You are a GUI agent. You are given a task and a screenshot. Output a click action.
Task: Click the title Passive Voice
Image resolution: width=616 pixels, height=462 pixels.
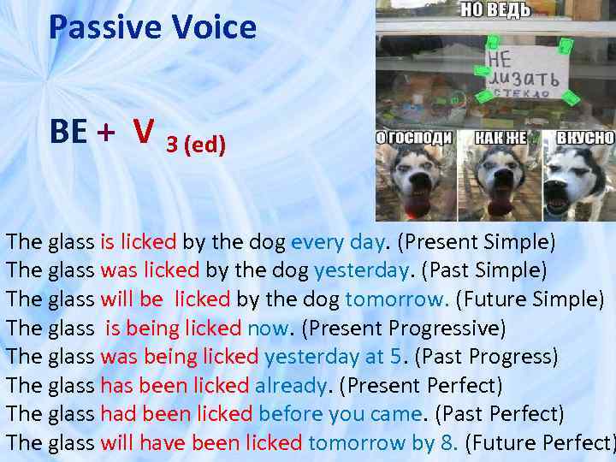(152, 27)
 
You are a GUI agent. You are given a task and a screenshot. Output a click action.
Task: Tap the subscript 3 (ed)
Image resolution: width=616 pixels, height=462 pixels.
(196, 145)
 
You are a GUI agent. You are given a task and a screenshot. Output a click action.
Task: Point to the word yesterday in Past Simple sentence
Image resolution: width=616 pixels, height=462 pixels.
(359, 271)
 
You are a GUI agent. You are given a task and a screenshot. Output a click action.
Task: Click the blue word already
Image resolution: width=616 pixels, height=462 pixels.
(291, 386)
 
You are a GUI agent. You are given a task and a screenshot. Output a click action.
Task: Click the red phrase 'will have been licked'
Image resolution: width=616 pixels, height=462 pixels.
(201, 443)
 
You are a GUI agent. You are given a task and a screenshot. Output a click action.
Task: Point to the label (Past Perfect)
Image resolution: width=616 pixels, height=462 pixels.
(500, 414)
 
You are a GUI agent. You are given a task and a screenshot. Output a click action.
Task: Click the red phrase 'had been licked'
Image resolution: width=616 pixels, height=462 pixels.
(176, 414)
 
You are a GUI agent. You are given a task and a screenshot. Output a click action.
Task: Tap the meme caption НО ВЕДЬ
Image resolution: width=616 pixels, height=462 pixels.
(495, 10)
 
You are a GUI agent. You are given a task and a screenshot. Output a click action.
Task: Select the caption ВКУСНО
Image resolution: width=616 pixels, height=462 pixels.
(584, 138)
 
